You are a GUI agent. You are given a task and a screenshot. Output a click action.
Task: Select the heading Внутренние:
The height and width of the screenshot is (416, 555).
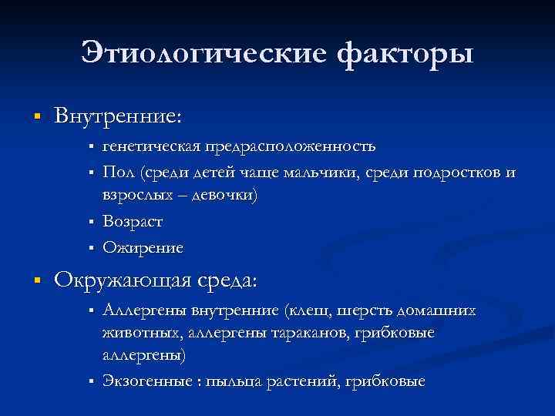pos(118,116)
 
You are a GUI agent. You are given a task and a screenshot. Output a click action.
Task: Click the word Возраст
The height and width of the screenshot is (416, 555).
pos(133,221)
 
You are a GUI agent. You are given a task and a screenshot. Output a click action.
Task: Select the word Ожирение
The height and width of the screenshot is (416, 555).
pos(143,247)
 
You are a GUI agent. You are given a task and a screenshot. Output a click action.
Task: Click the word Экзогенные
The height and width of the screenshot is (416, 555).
pos(146,381)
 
